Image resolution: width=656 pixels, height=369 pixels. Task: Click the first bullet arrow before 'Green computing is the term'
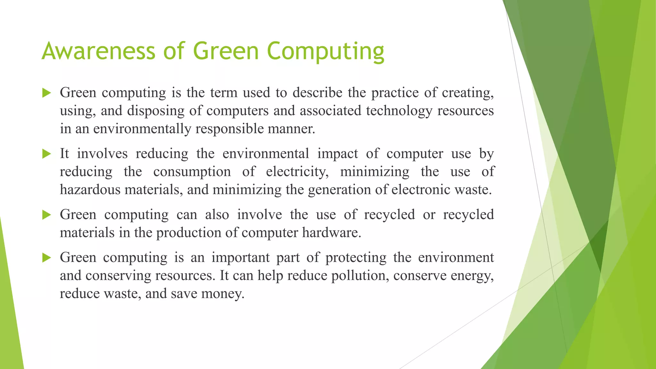(47, 93)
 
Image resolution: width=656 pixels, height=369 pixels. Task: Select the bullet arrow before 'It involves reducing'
(47, 154)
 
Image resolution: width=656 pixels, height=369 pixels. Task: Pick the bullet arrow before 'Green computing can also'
(47, 215)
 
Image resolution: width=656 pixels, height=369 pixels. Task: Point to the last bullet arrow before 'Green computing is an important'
(47, 258)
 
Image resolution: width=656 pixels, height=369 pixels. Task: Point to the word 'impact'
(338, 154)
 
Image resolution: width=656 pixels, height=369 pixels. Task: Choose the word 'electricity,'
(297, 172)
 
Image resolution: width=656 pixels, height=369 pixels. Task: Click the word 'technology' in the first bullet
(399, 111)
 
